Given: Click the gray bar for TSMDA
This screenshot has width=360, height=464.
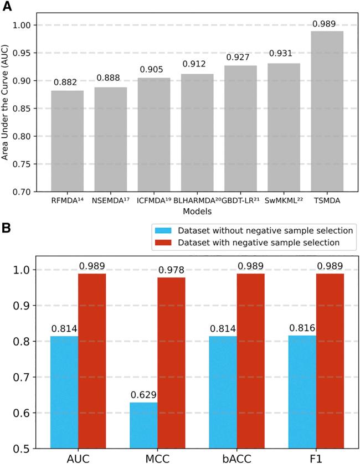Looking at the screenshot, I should click(327, 111).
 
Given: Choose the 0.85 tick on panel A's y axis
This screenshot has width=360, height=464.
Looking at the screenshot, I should click(28, 109).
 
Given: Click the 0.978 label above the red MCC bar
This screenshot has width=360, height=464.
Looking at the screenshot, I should click(171, 269).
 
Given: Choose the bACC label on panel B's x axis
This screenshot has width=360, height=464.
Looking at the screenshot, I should click(237, 458).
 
